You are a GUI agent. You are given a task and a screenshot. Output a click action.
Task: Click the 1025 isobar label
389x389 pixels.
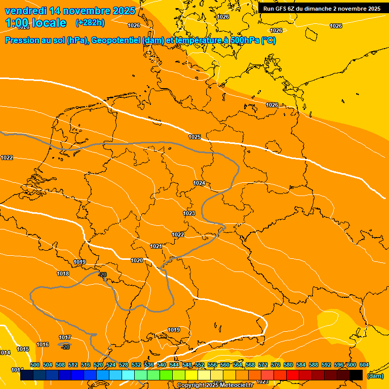coord(194,137)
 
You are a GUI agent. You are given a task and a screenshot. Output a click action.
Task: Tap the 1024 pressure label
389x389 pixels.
coord(199,183)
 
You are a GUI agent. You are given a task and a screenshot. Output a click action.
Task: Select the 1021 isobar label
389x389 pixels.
coord(156,246)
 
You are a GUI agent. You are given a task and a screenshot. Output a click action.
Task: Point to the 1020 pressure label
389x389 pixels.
coord(137,260)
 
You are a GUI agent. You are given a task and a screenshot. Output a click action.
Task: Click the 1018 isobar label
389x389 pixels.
coord(63,274)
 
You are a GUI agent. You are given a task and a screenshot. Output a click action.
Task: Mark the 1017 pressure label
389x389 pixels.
coord(65,337)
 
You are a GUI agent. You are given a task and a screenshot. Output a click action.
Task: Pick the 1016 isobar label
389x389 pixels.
coord(43,344)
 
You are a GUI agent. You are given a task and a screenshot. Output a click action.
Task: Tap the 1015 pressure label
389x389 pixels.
coord(23,349)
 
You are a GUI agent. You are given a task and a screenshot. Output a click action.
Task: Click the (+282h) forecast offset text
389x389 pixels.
coord(90,23)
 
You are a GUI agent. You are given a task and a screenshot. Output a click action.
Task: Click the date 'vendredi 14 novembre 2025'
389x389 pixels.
coord(70,11)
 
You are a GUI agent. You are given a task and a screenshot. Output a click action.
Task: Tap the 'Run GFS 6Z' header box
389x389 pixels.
coord(322,9)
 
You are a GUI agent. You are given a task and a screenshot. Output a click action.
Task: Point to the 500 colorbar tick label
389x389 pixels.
coord(35,365)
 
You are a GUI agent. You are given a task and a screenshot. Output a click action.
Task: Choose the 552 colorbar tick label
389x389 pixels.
coord(200,365)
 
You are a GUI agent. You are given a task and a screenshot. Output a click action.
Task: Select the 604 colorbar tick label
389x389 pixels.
coord(364,365)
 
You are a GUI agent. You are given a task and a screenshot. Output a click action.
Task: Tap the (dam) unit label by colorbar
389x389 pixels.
coord(375,376)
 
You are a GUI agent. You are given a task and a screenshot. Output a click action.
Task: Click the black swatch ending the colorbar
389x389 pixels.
coord(356,375)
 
